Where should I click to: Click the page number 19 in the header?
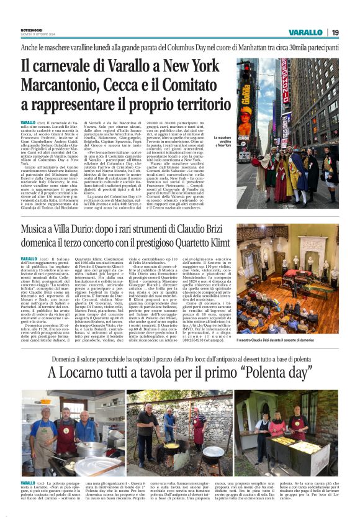tap(335, 32)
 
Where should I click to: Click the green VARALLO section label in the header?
tap(305, 32)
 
